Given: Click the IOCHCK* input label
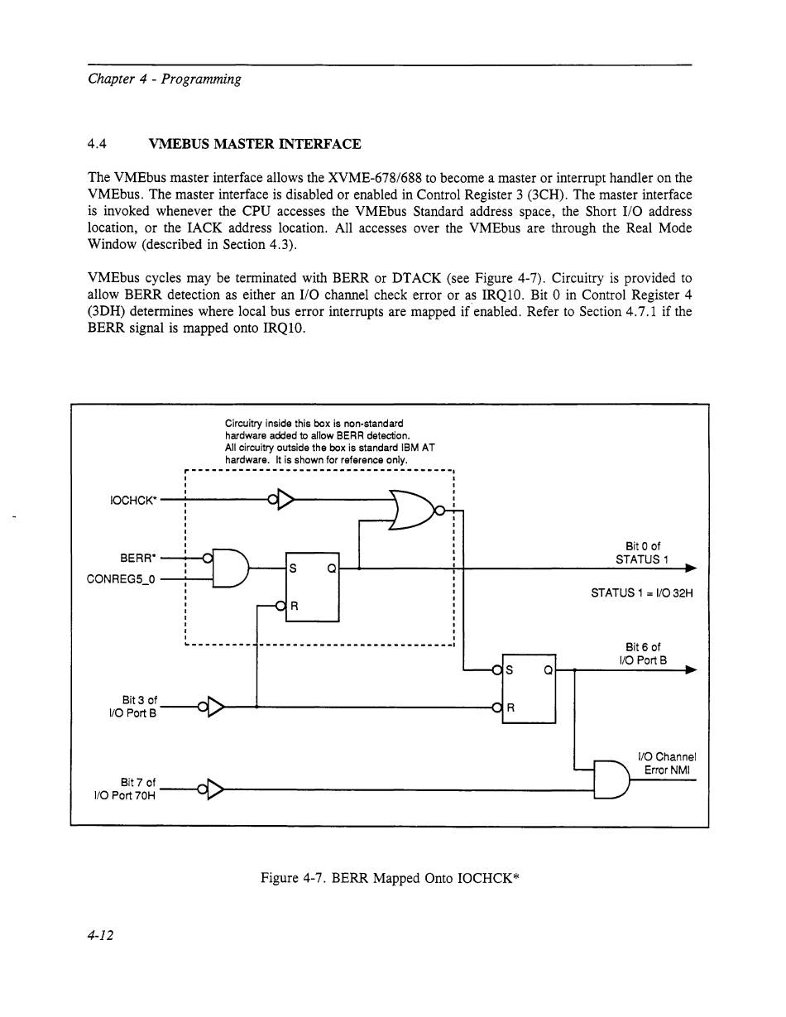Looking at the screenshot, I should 132,501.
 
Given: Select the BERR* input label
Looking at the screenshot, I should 138,557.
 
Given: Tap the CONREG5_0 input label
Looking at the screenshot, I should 122,578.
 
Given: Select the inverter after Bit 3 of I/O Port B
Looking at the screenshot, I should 214,707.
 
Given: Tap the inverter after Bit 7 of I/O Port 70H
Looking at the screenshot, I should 214,790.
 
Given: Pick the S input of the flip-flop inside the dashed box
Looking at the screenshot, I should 292,568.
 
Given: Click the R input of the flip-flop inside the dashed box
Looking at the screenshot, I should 293,607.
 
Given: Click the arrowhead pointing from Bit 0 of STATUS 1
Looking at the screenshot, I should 690,568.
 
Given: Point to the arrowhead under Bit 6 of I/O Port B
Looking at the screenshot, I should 690,670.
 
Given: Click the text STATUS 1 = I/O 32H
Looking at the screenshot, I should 635,592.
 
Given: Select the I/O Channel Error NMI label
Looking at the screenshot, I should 667,764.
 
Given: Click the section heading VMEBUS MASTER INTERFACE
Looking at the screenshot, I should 254,144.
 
